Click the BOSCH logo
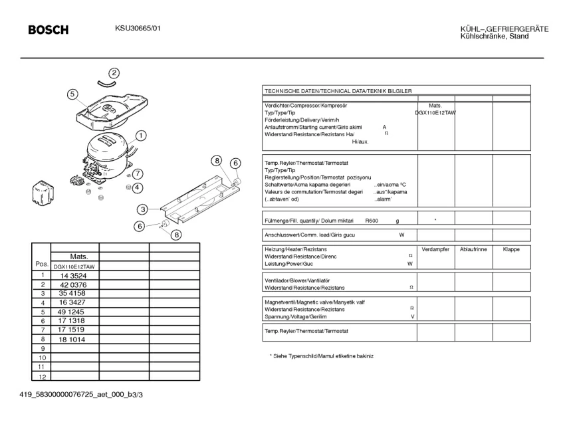click(x=48, y=30)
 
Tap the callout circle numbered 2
click(x=114, y=73)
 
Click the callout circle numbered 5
click(x=72, y=94)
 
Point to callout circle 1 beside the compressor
click(x=141, y=136)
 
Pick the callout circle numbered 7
click(x=138, y=173)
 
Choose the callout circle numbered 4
click(x=138, y=187)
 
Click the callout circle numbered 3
click(x=143, y=209)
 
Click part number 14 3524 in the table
click(x=74, y=275)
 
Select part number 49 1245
click(x=71, y=312)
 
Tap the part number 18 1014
click(x=71, y=339)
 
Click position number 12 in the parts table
click(x=41, y=377)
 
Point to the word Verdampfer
click(x=436, y=249)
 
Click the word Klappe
click(x=511, y=249)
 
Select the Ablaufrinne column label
click(x=473, y=249)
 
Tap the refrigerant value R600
click(x=372, y=220)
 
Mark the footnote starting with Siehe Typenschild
click(x=322, y=356)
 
